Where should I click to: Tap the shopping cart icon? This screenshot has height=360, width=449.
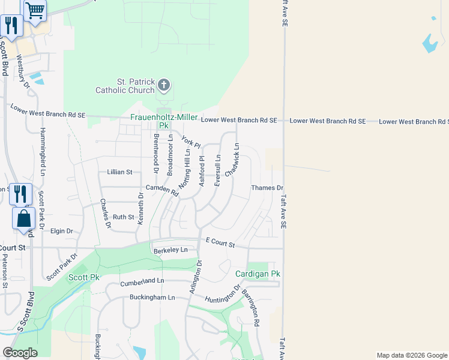35,10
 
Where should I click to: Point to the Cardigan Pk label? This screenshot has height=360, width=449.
258,274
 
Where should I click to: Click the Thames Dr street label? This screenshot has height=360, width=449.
267,188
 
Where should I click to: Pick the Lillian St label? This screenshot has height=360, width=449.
119,172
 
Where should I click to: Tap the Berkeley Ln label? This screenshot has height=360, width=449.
170,250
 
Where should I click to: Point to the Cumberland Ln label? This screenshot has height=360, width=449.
142,281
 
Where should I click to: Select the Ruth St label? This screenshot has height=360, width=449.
123,217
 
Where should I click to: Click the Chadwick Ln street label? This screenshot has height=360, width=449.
232,160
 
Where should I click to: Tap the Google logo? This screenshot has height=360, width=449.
19,353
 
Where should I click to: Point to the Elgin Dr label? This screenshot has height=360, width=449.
61,231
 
